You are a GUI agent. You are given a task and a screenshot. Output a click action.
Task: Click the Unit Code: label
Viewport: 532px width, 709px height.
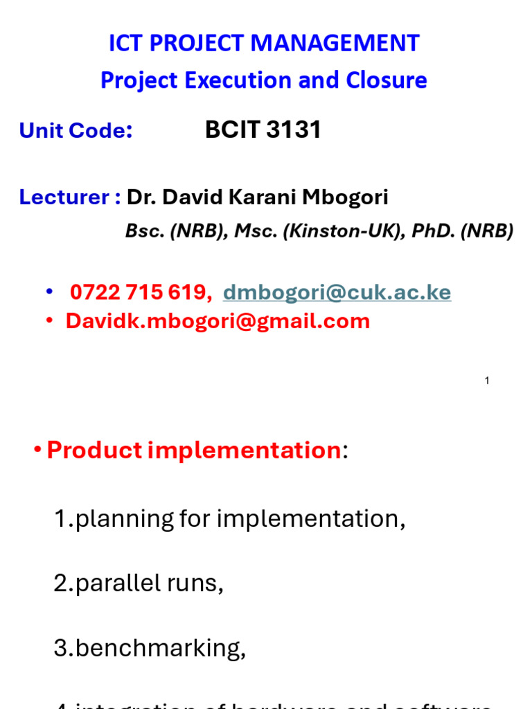click(x=76, y=130)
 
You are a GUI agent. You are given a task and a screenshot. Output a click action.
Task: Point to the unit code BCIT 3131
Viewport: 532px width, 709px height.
click(x=263, y=129)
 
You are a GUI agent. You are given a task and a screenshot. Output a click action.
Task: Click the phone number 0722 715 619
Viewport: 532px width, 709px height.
click(x=141, y=293)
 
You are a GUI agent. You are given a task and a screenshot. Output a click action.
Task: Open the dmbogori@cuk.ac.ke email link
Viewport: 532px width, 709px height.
click(x=337, y=293)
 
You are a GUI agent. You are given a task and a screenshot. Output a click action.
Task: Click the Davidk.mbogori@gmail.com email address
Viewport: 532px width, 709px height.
click(x=218, y=321)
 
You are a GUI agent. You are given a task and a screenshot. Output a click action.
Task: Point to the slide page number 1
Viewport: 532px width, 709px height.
click(x=488, y=381)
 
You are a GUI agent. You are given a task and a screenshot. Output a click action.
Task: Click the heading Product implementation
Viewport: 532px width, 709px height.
click(x=193, y=451)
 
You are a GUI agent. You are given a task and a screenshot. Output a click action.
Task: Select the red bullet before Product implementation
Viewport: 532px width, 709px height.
click(x=37, y=451)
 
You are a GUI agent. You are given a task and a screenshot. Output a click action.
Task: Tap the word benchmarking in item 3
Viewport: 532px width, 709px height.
click(x=160, y=648)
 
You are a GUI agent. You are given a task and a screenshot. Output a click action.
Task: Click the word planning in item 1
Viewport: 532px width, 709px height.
click(x=116, y=519)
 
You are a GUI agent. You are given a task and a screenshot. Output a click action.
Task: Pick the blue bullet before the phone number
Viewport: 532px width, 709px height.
click(x=49, y=293)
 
